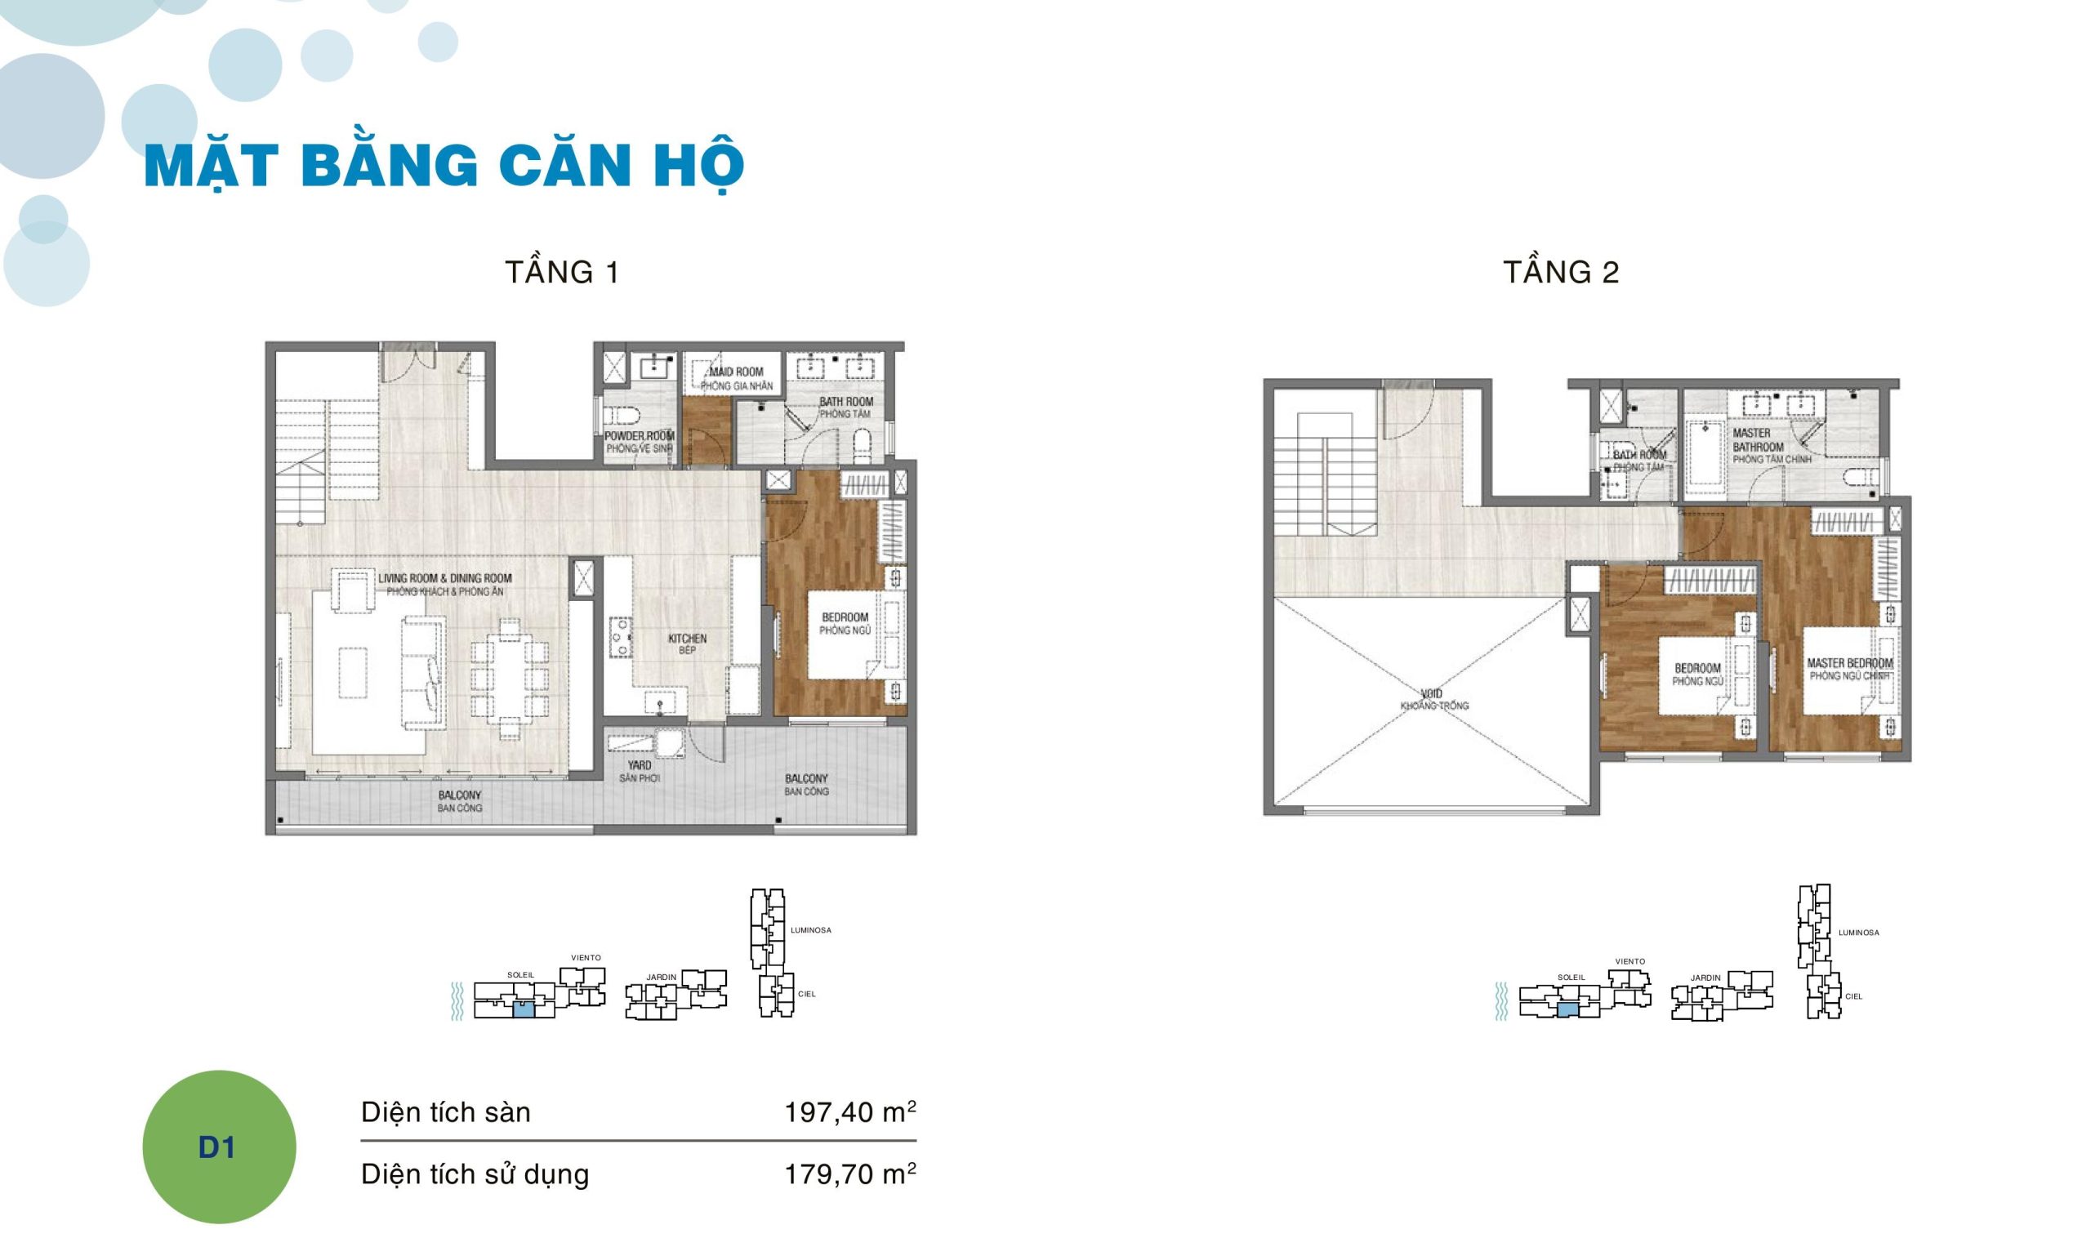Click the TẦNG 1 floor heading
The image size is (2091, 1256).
(x=562, y=273)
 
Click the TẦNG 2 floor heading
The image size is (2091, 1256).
(x=1560, y=273)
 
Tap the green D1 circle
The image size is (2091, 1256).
(x=218, y=1147)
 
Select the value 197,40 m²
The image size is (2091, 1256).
(x=849, y=1112)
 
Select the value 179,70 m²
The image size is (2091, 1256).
(x=849, y=1174)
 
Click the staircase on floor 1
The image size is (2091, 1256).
(x=301, y=461)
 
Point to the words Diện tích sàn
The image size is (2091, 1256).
(x=445, y=1112)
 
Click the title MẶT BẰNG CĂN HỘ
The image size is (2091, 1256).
(x=444, y=167)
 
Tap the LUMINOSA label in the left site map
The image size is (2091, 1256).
(x=810, y=930)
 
